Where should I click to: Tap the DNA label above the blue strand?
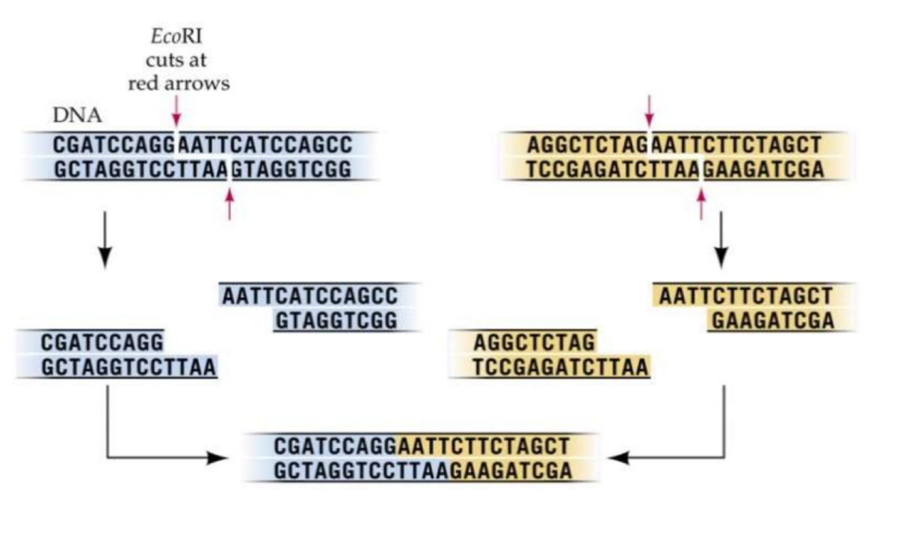click(78, 117)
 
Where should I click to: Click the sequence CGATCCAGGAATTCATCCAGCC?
click(201, 145)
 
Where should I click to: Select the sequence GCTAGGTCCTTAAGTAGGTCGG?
click(201, 169)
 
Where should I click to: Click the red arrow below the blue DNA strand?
click(230, 202)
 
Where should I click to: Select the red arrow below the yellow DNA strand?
click(701, 202)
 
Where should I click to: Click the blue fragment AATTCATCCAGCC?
click(309, 296)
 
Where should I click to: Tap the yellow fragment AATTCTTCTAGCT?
click(745, 296)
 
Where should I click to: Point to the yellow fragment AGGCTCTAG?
click(534, 343)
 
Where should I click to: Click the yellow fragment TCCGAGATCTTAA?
click(561, 367)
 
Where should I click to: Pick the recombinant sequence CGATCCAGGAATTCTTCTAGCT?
click(422, 446)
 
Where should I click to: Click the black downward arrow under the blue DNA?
click(105, 239)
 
